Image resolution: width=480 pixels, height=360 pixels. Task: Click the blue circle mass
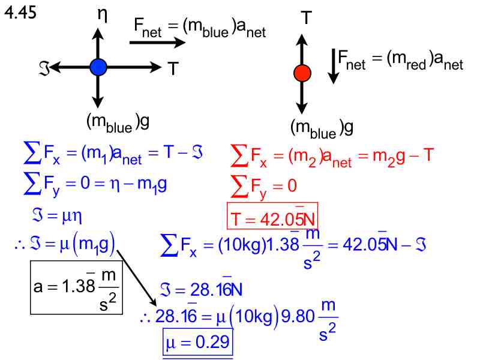98,67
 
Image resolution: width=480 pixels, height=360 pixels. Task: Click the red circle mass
302,73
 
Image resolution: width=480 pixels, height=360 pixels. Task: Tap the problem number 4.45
21,13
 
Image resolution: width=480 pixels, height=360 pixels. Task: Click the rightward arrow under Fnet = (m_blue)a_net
157,43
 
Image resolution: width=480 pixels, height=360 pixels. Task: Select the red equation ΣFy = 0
264,187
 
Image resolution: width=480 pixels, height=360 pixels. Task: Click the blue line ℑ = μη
52,214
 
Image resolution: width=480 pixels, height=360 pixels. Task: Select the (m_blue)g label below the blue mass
118,122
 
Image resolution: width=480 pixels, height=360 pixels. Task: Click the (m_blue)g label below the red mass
321,127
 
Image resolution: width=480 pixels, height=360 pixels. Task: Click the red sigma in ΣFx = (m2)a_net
239,157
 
